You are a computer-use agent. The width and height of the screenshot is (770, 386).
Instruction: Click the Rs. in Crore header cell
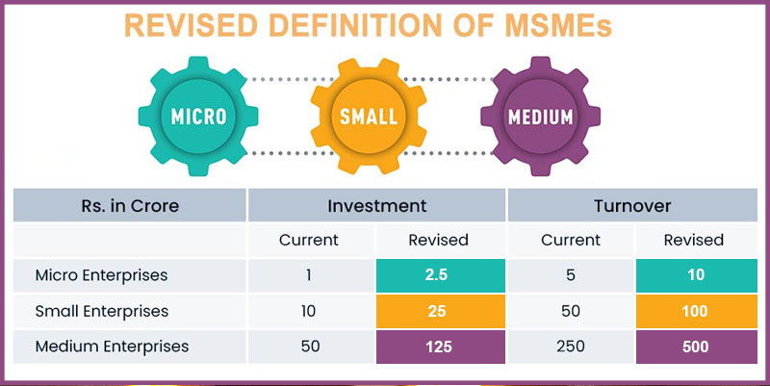130,205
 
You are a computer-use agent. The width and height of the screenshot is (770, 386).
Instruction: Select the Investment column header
376,205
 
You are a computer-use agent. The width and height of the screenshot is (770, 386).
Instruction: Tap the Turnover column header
633,205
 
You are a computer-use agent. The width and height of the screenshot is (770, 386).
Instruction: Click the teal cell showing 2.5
439,275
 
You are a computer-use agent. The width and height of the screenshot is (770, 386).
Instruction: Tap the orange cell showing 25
439,311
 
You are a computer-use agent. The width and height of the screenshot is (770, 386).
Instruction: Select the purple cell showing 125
439,346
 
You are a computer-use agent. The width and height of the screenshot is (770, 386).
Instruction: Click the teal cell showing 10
696,275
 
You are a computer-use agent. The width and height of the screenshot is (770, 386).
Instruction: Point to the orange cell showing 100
696,311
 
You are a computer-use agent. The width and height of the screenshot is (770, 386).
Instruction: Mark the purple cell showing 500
696,346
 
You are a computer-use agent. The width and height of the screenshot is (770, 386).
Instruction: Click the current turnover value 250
570,346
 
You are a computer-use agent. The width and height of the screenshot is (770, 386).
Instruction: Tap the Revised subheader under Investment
439,240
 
